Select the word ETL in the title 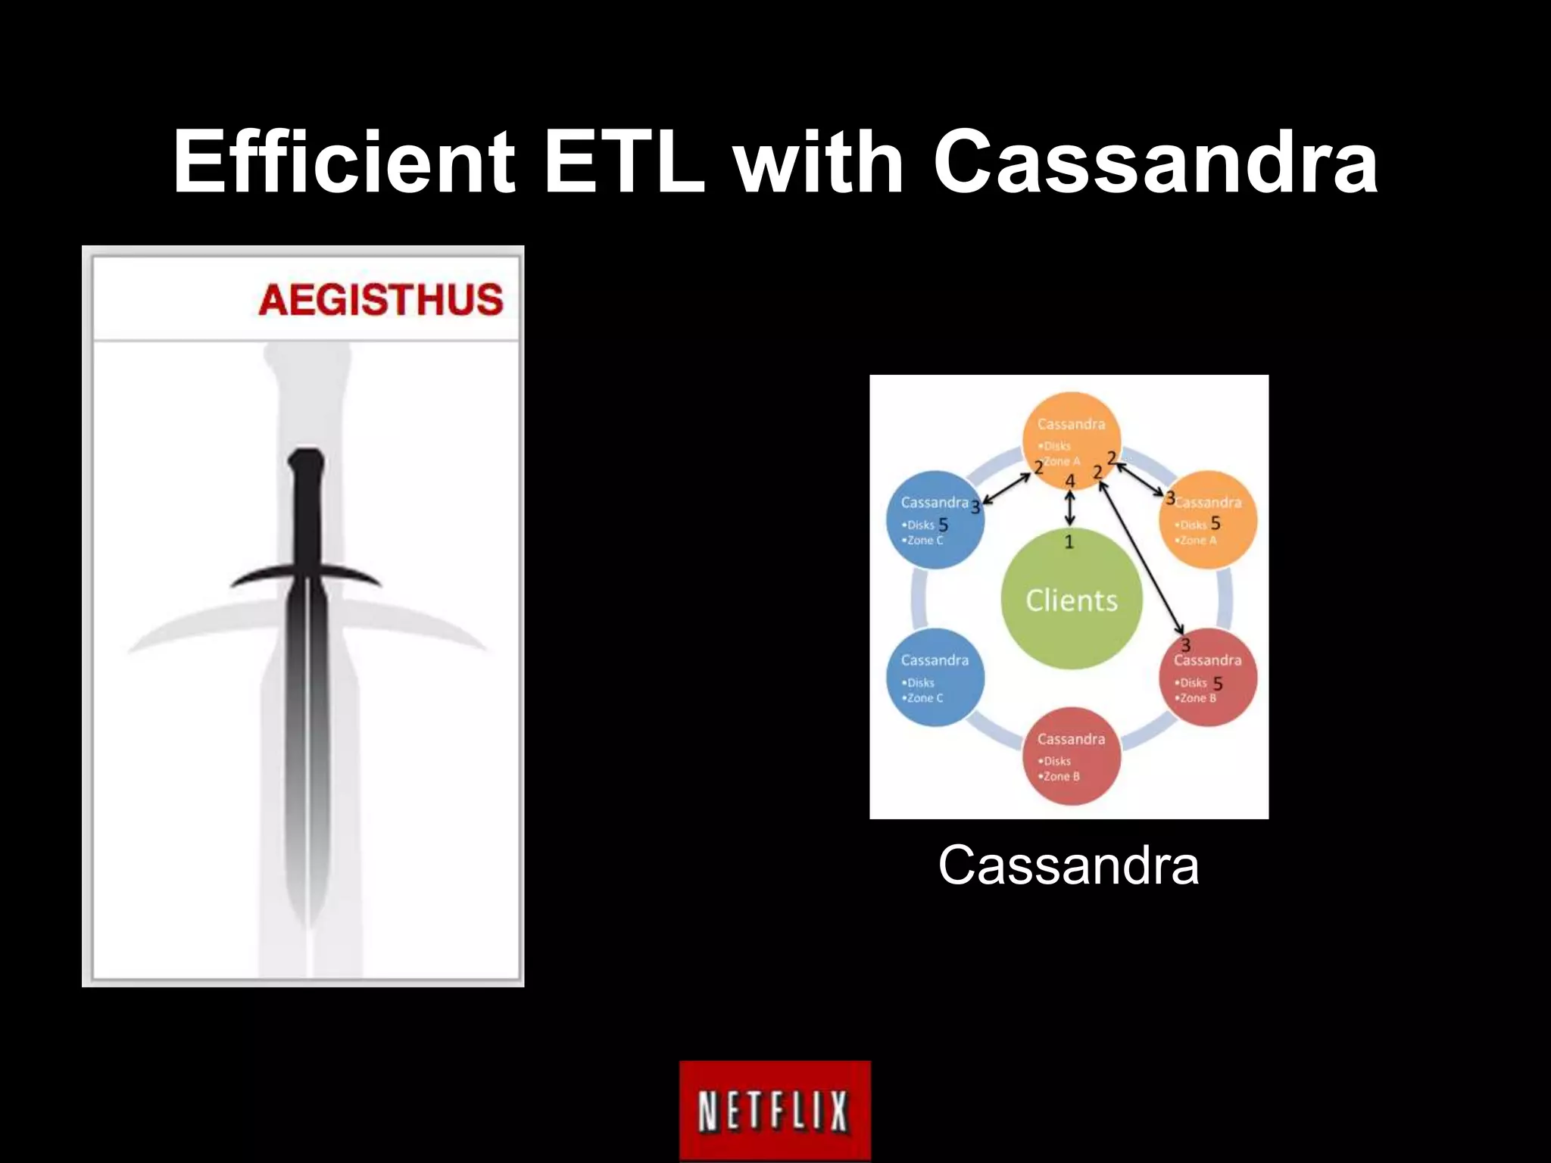click(623, 161)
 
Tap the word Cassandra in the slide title click(1155, 161)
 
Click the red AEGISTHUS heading click(381, 300)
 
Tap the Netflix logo click(775, 1110)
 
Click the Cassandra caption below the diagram click(1068, 865)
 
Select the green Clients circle click(1071, 600)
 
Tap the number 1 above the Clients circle click(1069, 541)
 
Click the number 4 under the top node click(1070, 481)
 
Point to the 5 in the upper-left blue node click(944, 525)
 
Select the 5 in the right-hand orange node click(1216, 523)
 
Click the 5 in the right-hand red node click(1218, 684)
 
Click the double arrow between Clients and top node click(1069, 507)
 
